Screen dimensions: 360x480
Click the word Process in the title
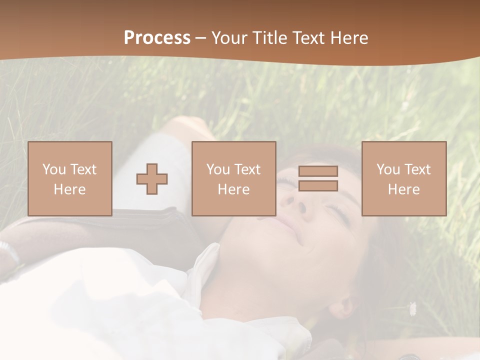pyautogui.click(x=157, y=38)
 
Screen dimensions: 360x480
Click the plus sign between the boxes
pyautogui.click(x=152, y=178)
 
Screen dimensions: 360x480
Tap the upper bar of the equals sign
pyautogui.click(x=318, y=171)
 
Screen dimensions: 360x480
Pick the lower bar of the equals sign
pyautogui.click(x=318, y=185)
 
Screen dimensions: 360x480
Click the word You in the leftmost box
pyautogui.click(x=54, y=169)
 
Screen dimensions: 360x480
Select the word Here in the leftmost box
pyautogui.click(x=69, y=189)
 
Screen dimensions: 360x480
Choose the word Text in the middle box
pyautogui.click(x=247, y=169)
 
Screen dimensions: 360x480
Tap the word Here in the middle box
pyautogui.click(x=233, y=189)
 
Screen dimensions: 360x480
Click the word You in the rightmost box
pyautogui.click(x=388, y=169)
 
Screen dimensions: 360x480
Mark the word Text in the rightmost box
pyautogui.click(x=417, y=169)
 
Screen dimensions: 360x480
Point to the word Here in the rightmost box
pyautogui.click(x=403, y=189)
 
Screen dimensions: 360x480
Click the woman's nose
pyautogui.click(x=290, y=200)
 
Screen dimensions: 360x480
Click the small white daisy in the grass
pyautogui.click(x=412, y=308)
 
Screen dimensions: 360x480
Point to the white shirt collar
pyautogui.click(x=205, y=270)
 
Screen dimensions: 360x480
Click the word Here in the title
pyautogui.click(x=348, y=38)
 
